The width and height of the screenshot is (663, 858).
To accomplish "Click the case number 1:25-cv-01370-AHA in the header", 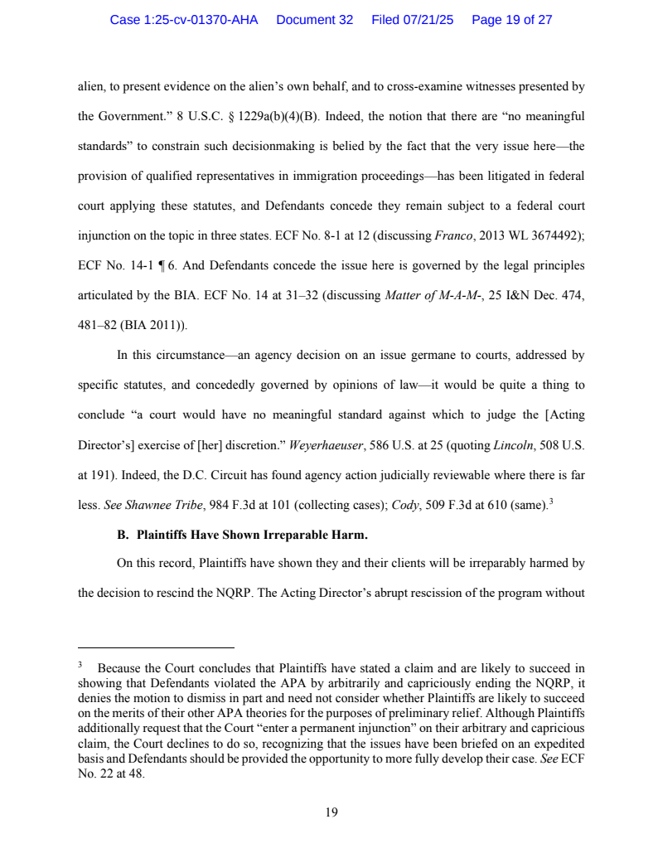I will pos(184,20).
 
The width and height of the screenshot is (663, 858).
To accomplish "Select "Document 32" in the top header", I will pos(314,20).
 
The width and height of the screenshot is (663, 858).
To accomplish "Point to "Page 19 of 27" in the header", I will pos(511,20).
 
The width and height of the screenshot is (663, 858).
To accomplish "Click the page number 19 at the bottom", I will pos(331,812).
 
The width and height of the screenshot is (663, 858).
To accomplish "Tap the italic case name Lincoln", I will pos(512,444).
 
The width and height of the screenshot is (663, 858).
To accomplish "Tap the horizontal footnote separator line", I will pos(156,647).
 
